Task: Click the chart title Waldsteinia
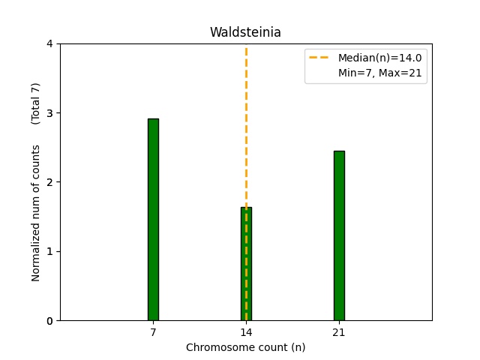pos(245,32)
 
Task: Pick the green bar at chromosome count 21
pos(339,235)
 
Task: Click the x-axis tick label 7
pos(153,332)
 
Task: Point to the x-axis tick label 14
pos(246,332)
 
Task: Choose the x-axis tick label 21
pos(339,332)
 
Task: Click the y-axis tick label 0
pos(49,321)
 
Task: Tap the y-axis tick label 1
pos(49,251)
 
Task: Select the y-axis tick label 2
pos(49,182)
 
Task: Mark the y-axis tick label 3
pos(49,113)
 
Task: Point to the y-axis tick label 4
pos(49,44)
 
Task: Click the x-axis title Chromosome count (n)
pos(245,347)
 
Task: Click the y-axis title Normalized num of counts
pos(36,213)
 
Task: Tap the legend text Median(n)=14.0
pos(379,58)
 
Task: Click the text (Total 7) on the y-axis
pos(36,103)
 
